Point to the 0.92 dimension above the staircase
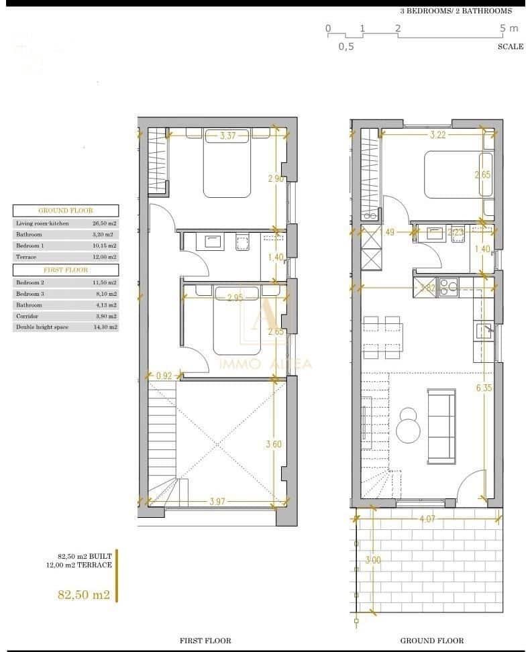tap(164, 376)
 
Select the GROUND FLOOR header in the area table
tap(66, 210)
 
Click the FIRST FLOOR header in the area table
tap(66, 270)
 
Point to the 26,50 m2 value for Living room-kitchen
tap(104, 223)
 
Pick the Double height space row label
tap(40, 327)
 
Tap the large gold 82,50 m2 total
tap(84, 594)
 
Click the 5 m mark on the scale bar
tap(509, 28)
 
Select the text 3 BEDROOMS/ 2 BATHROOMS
tap(456, 11)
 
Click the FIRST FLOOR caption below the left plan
tap(205, 641)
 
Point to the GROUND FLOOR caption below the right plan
tap(431, 641)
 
